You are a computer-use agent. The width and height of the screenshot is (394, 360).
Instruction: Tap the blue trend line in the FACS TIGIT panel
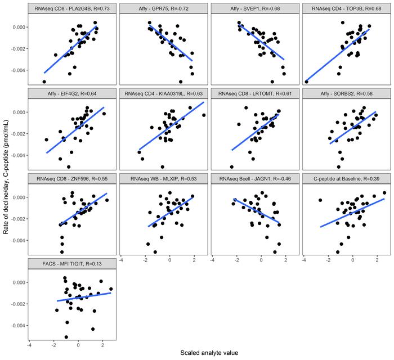79,297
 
